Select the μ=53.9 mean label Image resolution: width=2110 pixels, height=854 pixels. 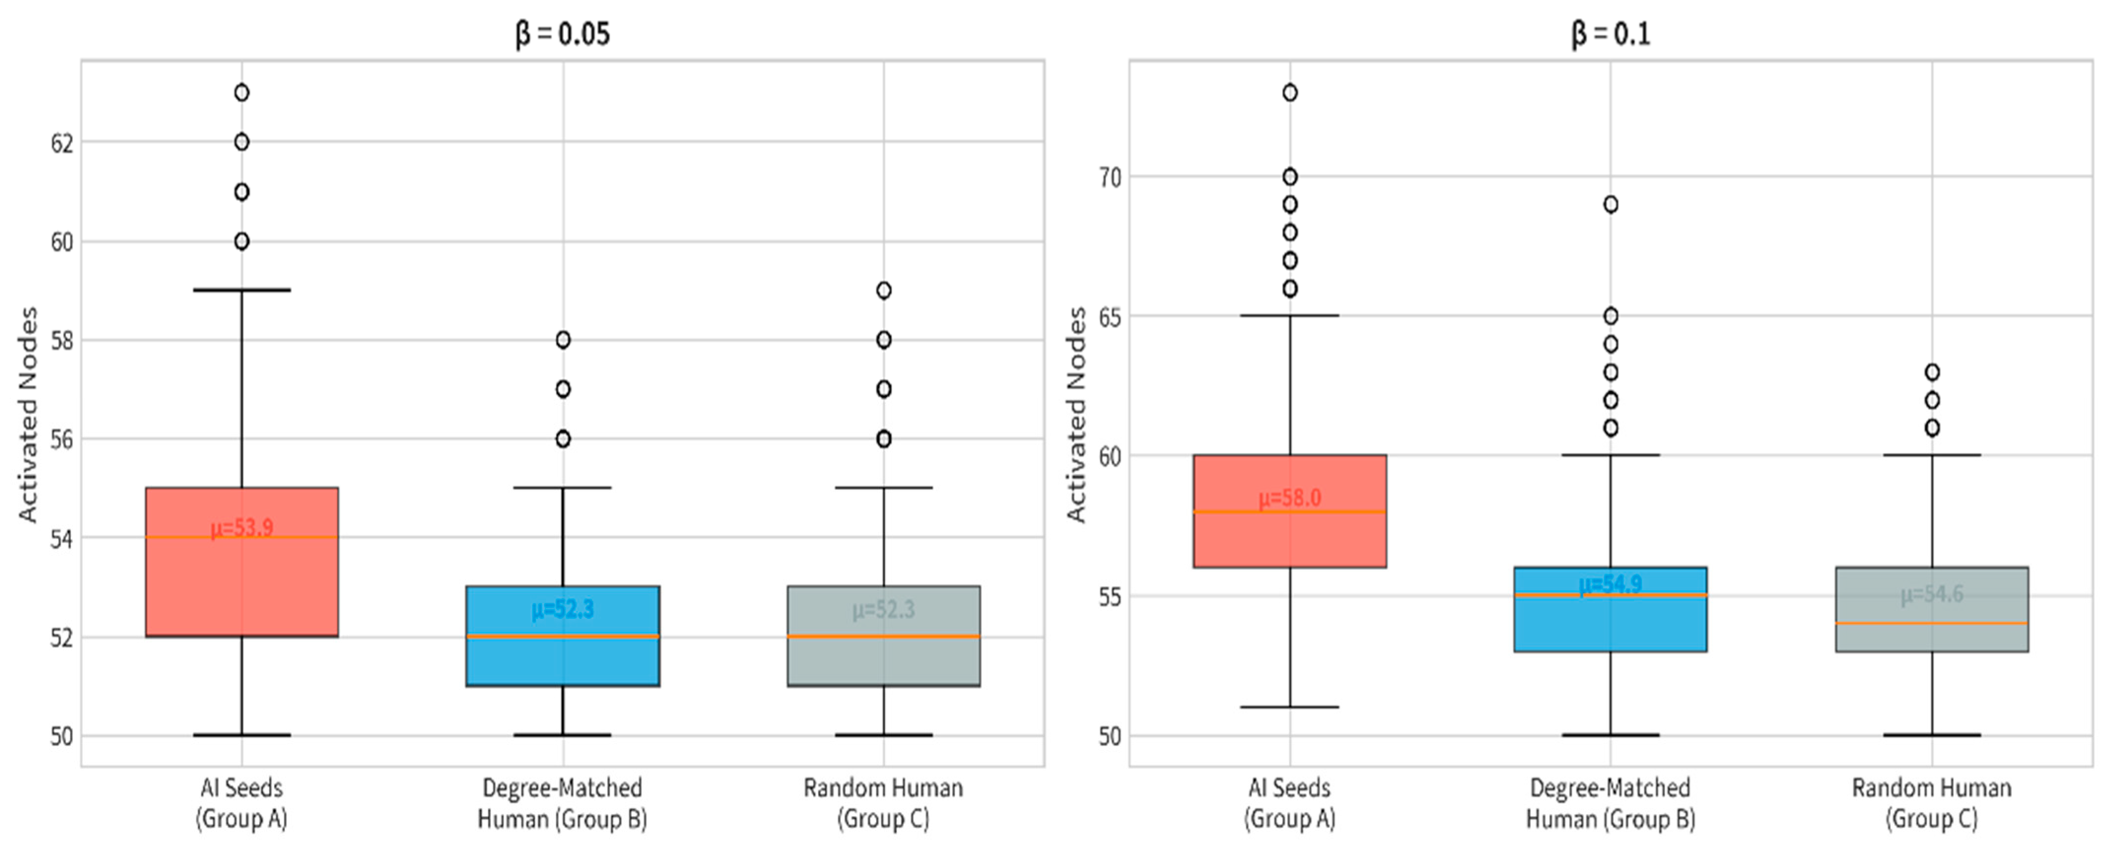pos(241,528)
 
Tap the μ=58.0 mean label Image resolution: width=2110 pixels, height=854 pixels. pos(1290,498)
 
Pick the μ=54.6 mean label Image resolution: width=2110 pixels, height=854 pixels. pos(1932,594)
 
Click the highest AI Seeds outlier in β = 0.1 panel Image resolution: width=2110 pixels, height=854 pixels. pos(1290,93)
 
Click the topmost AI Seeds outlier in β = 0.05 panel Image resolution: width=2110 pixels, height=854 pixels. pos(241,93)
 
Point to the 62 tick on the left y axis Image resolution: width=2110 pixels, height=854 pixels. pos(62,143)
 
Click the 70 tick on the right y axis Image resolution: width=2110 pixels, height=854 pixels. pos(1110,177)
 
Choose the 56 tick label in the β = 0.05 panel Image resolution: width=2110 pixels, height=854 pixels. pos(62,440)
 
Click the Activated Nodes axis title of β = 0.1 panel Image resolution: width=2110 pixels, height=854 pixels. pos(1076,414)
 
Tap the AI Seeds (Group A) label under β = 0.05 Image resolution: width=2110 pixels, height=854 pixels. pos(241,803)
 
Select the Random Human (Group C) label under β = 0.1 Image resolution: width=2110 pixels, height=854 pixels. pos(1932,803)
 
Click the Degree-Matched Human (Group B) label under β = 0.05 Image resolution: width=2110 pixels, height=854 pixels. pos(563,803)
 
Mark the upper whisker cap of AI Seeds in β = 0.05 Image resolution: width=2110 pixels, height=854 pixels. pos(241,290)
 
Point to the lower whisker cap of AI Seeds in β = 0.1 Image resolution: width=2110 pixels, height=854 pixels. pos(1290,707)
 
